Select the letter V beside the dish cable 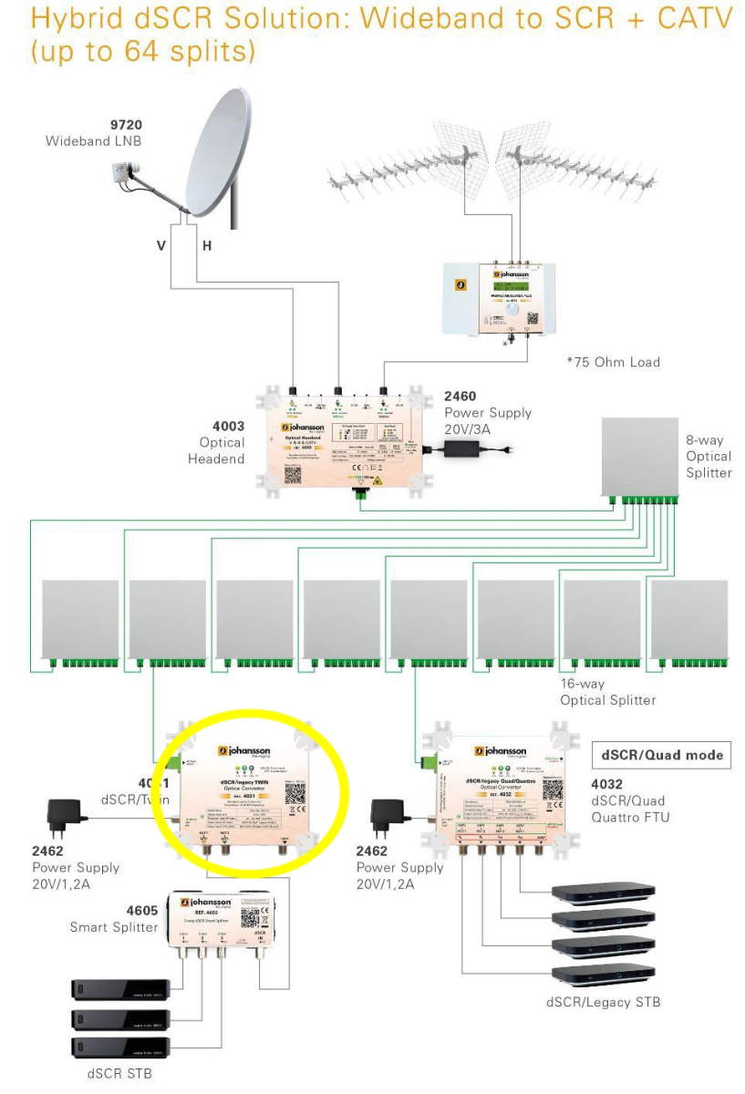(160, 246)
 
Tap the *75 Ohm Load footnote (613, 362)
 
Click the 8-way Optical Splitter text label (709, 456)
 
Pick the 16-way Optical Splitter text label (607, 691)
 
